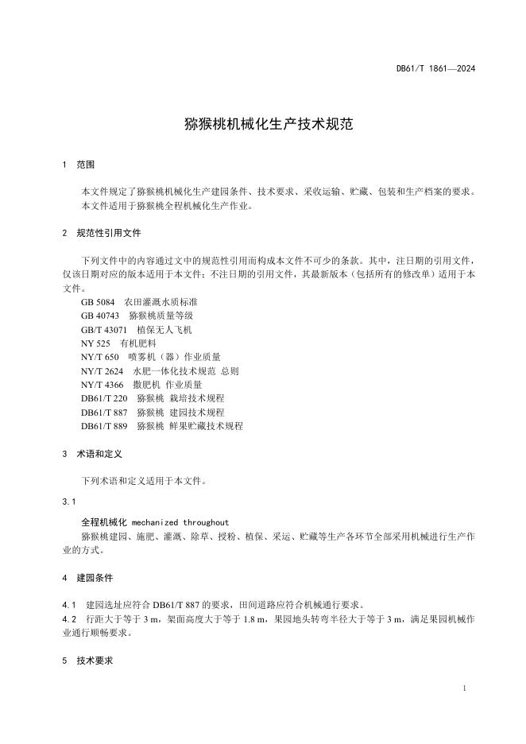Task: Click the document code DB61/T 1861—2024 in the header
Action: (x=435, y=69)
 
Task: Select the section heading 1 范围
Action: (x=78, y=165)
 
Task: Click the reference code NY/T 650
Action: (x=99, y=357)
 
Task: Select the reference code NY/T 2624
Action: (x=102, y=371)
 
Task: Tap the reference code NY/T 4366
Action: (x=102, y=385)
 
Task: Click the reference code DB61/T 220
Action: (x=104, y=398)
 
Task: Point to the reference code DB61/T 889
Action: (x=104, y=426)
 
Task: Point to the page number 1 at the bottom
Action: (x=463, y=687)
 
